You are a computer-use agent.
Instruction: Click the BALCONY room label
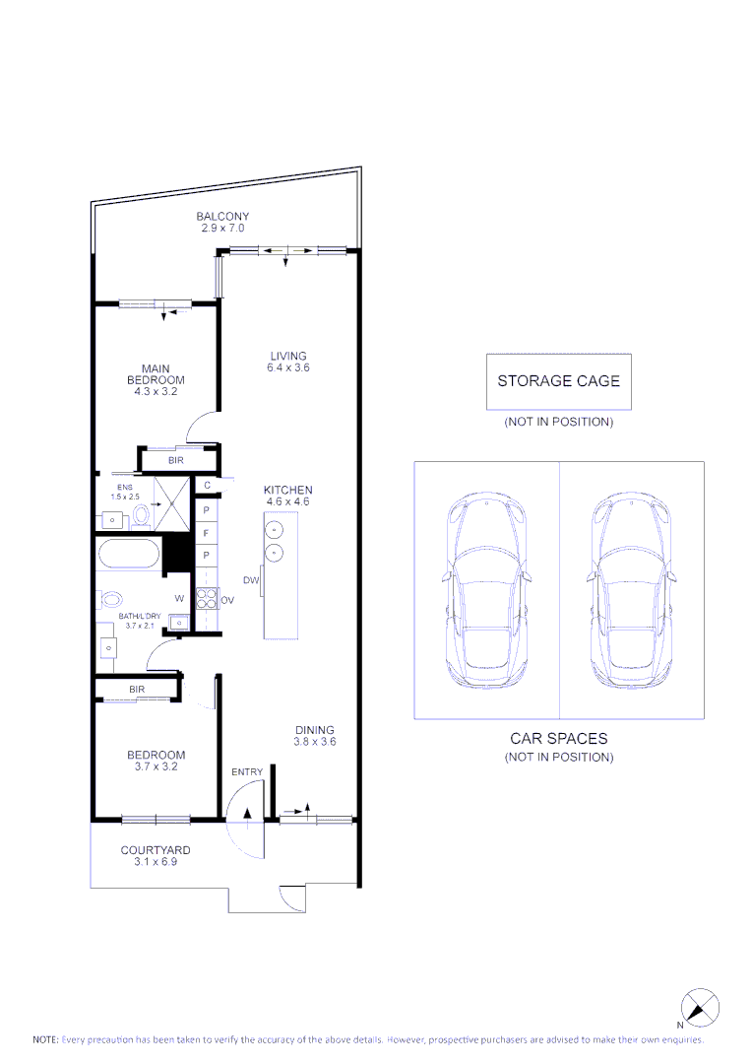pyautogui.click(x=222, y=217)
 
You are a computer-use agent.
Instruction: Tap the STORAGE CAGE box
pyautogui.click(x=558, y=381)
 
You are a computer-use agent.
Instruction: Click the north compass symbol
pyautogui.click(x=700, y=1008)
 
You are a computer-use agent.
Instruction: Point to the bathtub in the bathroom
pyautogui.click(x=128, y=554)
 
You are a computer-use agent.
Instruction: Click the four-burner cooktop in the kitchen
pyautogui.click(x=207, y=598)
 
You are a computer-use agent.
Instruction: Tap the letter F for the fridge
pyautogui.click(x=207, y=533)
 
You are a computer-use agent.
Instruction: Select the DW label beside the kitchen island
pyautogui.click(x=250, y=581)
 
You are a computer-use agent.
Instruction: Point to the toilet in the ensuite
pyautogui.click(x=141, y=514)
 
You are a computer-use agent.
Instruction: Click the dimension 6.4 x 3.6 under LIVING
pyautogui.click(x=288, y=368)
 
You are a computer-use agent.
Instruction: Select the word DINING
pyautogui.click(x=315, y=731)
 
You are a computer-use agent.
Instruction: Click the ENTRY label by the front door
pyautogui.click(x=246, y=772)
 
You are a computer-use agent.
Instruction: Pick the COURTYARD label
pyautogui.click(x=156, y=850)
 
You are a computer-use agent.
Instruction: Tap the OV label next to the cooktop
pyautogui.click(x=226, y=599)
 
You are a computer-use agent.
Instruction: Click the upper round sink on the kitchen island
pyautogui.click(x=277, y=530)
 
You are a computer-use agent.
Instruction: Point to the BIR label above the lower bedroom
pyautogui.click(x=137, y=689)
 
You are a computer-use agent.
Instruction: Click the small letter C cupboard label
pyautogui.click(x=207, y=485)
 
